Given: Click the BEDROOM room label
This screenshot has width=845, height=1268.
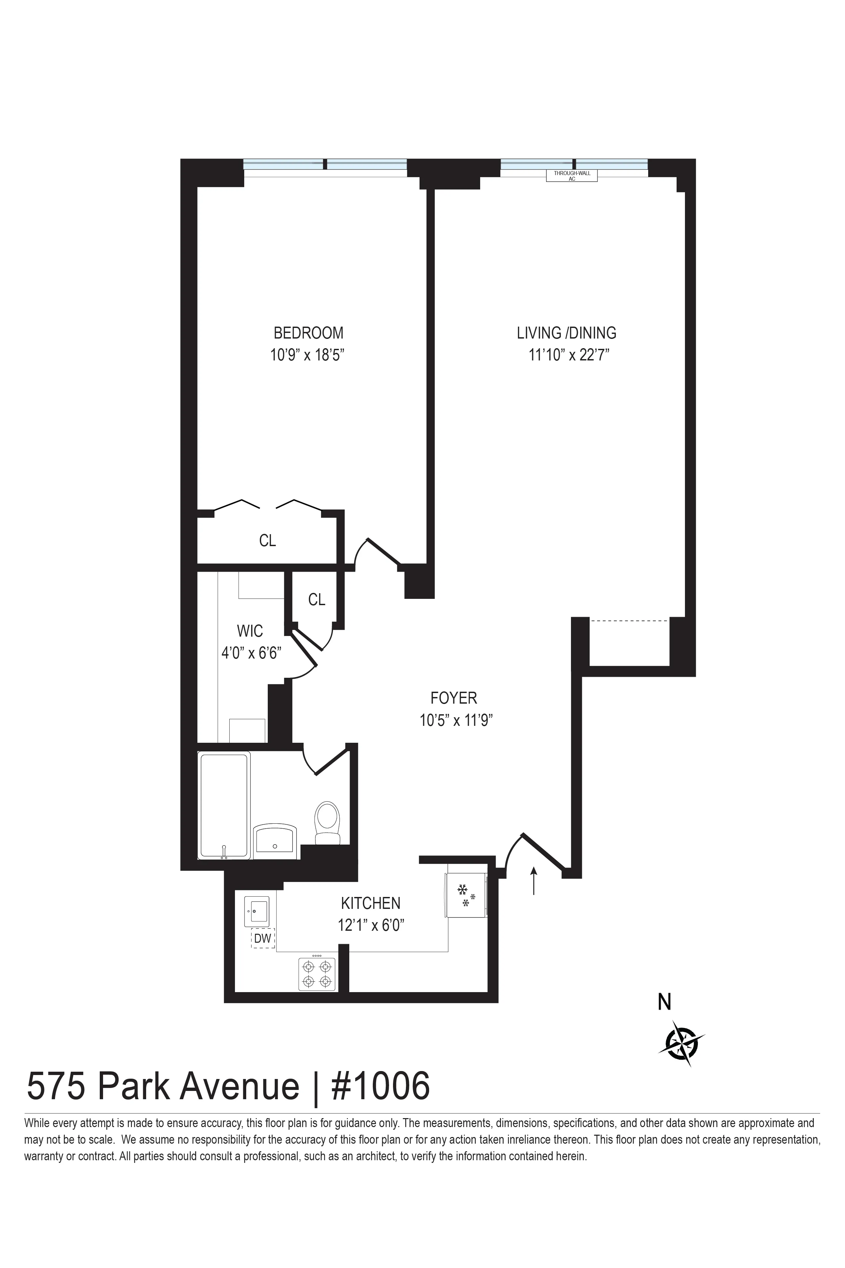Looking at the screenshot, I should coord(308,332).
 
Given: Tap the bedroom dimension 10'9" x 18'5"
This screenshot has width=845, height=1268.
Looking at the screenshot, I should coord(307,355).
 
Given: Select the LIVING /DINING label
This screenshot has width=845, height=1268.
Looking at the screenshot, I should coord(566,333).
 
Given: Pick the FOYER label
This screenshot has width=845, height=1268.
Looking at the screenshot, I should coord(454,698).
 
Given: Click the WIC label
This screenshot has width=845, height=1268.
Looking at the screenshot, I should coord(250,630).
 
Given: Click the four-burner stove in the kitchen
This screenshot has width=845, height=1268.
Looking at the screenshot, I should coord(317,974).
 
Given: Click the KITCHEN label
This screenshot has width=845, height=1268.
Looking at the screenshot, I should coord(371,903).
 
